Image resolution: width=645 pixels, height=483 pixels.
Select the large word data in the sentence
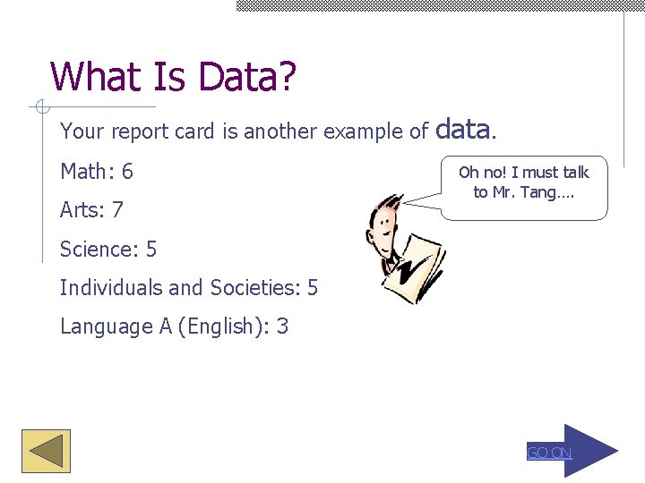click(x=462, y=131)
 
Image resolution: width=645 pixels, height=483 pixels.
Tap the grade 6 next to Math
click(x=127, y=172)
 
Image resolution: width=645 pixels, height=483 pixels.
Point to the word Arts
click(x=80, y=211)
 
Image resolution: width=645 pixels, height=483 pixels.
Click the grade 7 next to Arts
click(x=117, y=211)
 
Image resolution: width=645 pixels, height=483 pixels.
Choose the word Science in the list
click(x=94, y=250)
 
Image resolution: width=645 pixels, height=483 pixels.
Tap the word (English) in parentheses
click(x=222, y=326)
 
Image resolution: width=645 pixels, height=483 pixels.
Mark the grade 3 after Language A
click(x=283, y=326)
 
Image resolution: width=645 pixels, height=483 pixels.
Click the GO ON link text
click(x=549, y=453)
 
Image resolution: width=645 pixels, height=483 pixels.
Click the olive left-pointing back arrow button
click(x=46, y=452)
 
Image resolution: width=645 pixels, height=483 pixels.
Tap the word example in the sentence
click(x=363, y=132)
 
